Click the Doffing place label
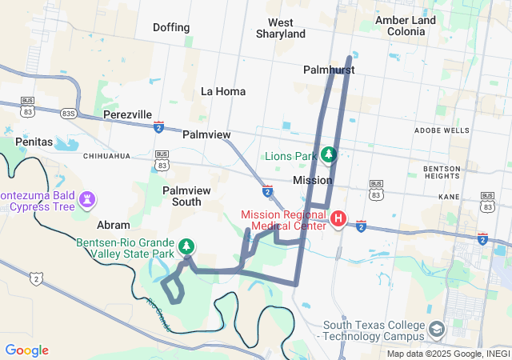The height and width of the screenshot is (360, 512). (171, 27)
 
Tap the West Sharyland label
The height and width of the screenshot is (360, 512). (281, 29)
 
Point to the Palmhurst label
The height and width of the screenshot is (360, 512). (329, 70)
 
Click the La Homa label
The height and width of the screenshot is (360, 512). (223, 91)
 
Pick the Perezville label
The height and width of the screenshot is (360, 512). (128, 114)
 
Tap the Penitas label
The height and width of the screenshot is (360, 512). (33, 142)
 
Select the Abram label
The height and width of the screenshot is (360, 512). (113, 225)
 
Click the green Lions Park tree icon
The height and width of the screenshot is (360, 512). (327, 154)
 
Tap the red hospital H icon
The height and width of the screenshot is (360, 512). (338, 218)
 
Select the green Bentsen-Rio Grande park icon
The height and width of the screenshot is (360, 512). (186, 246)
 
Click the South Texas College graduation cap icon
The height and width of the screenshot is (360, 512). (437, 329)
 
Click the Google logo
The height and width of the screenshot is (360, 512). (26, 350)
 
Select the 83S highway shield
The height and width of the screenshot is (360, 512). (68, 114)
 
